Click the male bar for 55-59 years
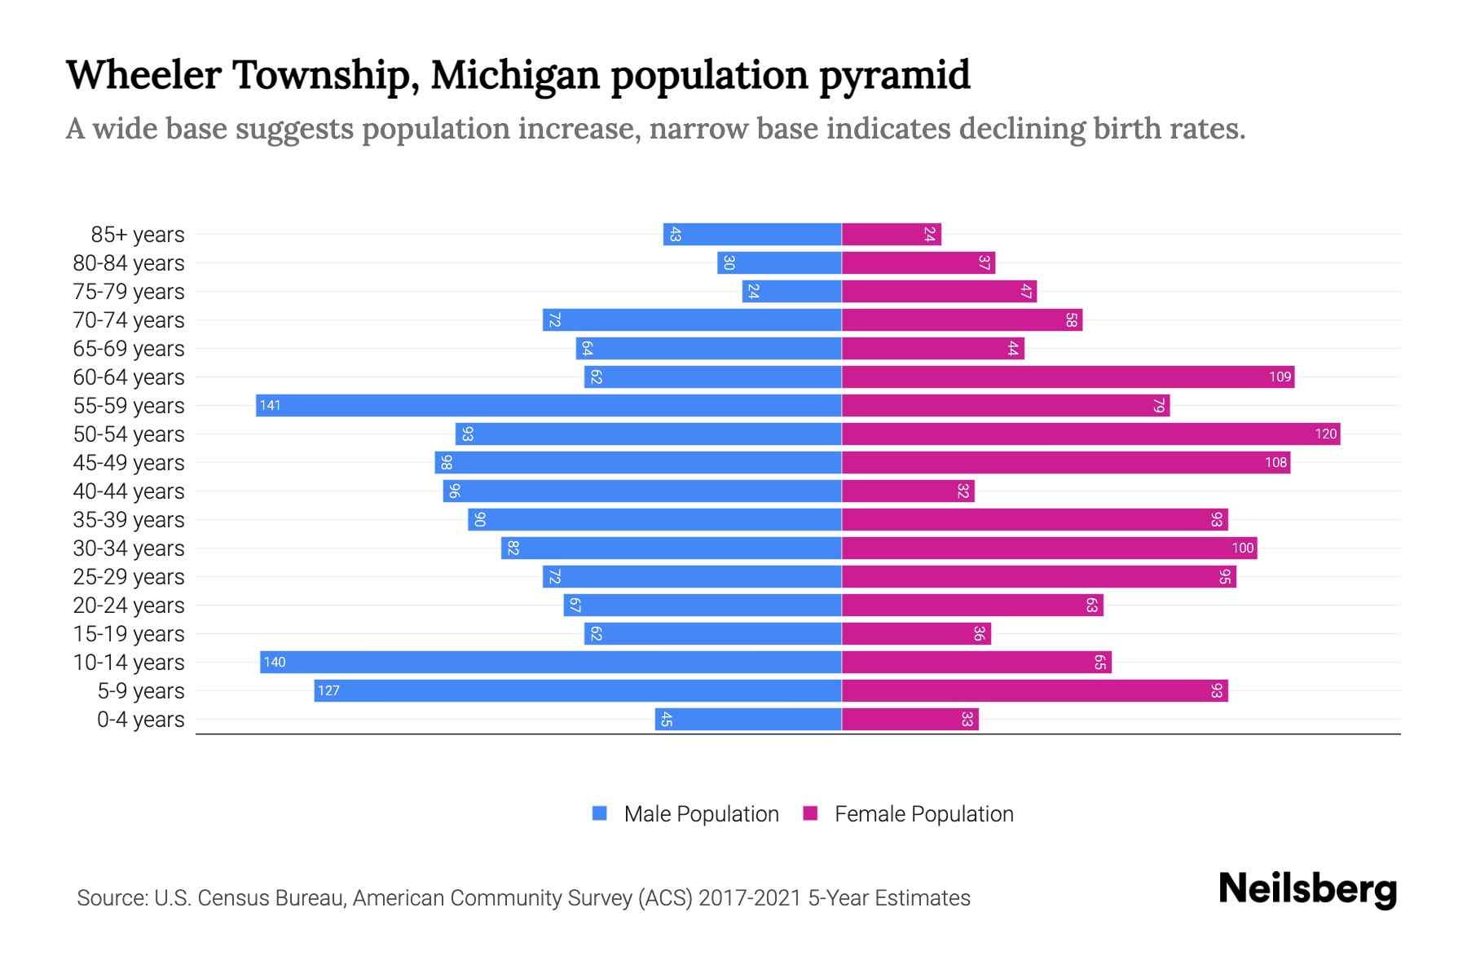click(x=548, y=405)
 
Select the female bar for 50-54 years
click(x=1090, y=434)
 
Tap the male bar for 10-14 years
click(x=551, y=662)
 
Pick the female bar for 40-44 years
click(x=908, y=491)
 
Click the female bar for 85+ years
click(x=892, y=234)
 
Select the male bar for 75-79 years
click(x=791, y=291)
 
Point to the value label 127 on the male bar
click(x=328, y=690)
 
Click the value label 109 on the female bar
click(x=1280, y=377)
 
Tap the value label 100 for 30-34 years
click(x=1242, y=548)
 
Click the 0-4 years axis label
click(x=141, y=720)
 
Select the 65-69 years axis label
click(x=129, y=349)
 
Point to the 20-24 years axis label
click(x=129, y=606)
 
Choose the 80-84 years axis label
click(x=129, y=263)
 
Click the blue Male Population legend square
click(x=600, y=813)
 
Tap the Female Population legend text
click(x=923, y=814)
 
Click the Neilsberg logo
click(x=1307, y=889)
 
